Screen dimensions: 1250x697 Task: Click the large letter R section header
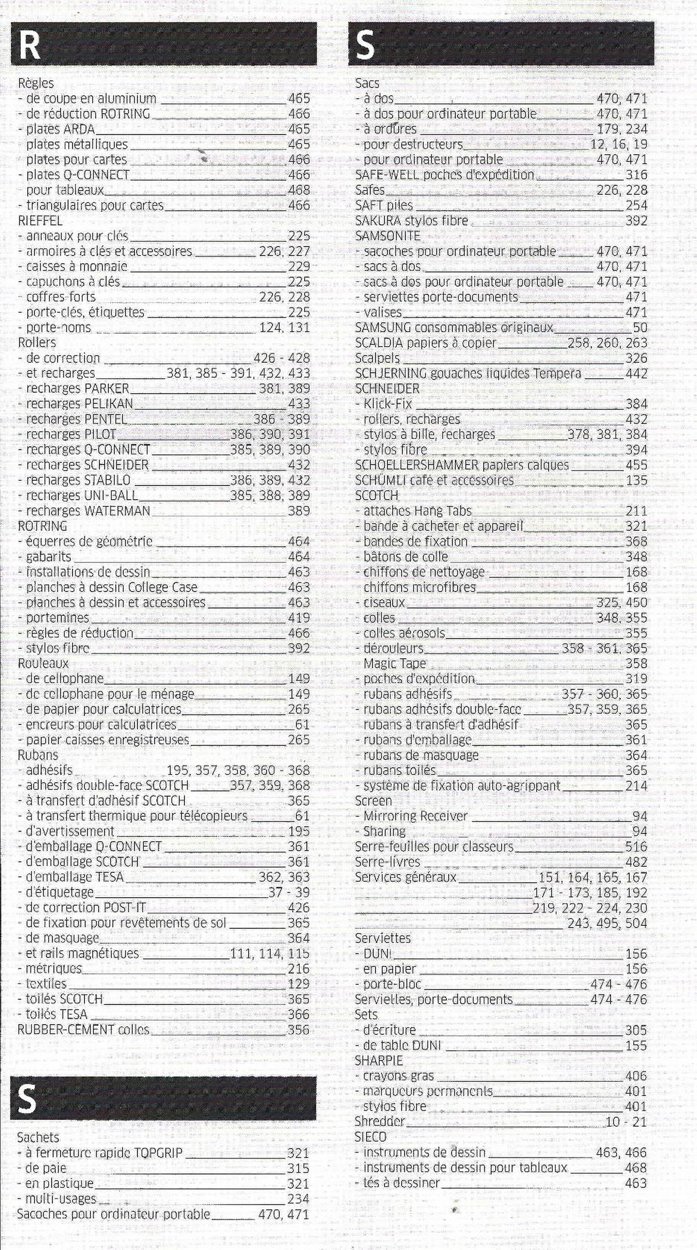click(x=29, y=45)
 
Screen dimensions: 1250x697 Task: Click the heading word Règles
click(x=35, y=83)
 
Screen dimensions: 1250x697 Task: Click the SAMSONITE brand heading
click(x=387, y=236)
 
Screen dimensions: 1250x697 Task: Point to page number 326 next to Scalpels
click(x=636, y=358)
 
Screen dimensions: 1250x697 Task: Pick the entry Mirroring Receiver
click(x=415, y=816)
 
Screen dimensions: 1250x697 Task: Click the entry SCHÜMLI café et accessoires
click(x=434, y=480)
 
